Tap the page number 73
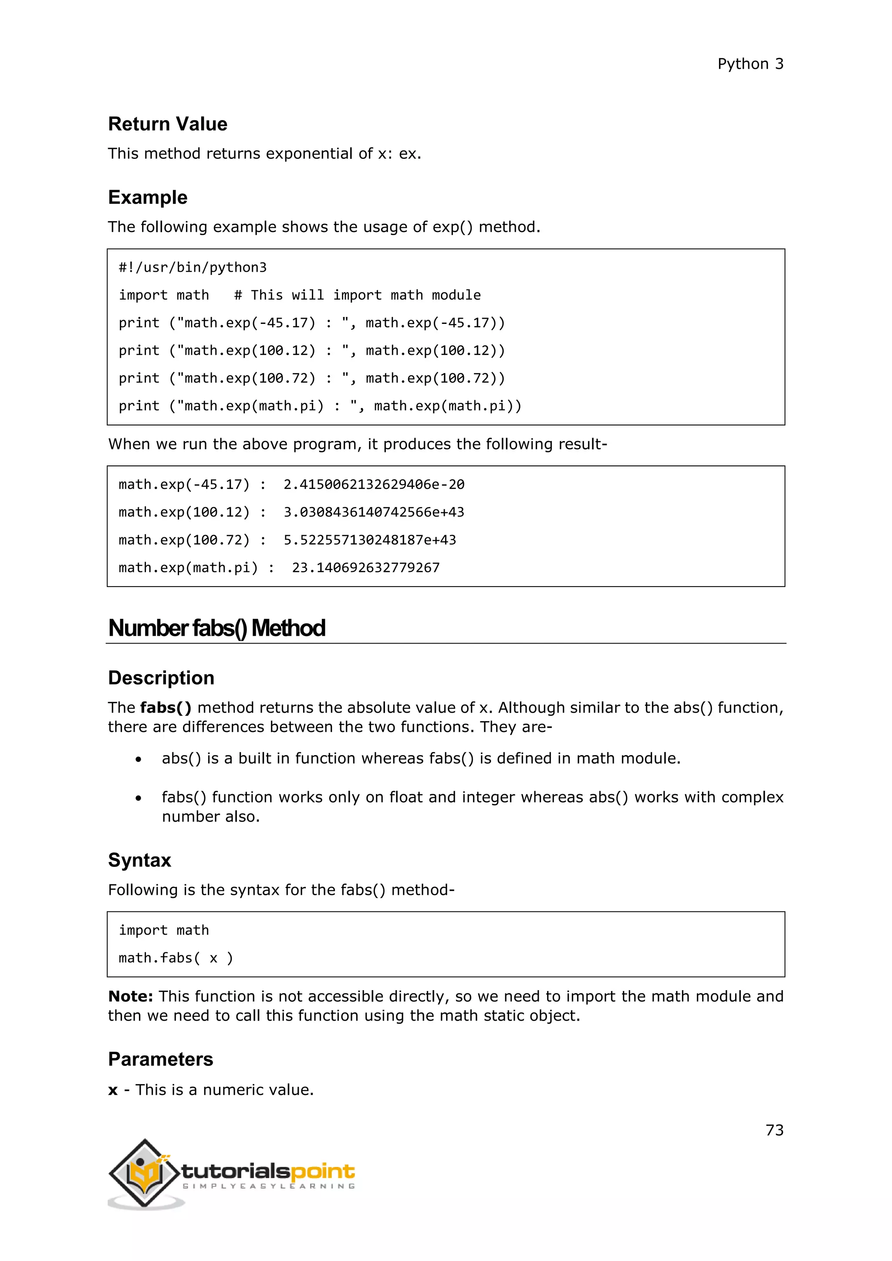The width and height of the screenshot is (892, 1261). point(774,1130)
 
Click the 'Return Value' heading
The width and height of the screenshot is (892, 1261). point(168,124)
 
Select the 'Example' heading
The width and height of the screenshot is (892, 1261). point(147,197)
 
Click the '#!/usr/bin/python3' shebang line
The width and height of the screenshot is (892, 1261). point(192,267)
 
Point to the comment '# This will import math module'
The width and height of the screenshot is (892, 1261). point(357,296)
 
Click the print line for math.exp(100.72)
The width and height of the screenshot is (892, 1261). point(311,378)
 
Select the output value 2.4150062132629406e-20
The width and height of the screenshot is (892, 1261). point(374,484)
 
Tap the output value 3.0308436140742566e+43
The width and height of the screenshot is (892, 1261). point(374,512)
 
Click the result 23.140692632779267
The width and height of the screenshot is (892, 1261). point(365,568)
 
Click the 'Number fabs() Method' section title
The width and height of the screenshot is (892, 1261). point(216,628)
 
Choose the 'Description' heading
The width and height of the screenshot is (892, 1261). point(161,678)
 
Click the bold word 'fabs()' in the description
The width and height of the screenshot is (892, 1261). point(166,708)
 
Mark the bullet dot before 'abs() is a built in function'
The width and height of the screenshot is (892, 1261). point(139,759)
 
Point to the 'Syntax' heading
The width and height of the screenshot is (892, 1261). point(139,860)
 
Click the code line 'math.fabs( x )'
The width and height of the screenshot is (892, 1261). point(176,958)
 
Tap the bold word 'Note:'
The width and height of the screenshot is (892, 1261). point(131,996)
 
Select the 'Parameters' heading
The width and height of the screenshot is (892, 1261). point(160,1059)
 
